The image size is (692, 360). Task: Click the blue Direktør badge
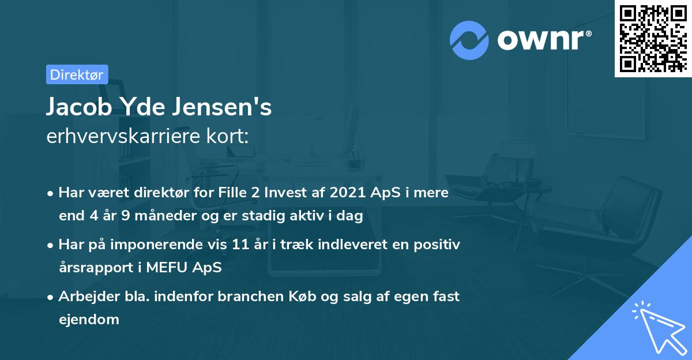(77, 74)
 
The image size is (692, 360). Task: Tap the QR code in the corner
(652, 38)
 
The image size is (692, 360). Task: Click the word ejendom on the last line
(89, 319)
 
